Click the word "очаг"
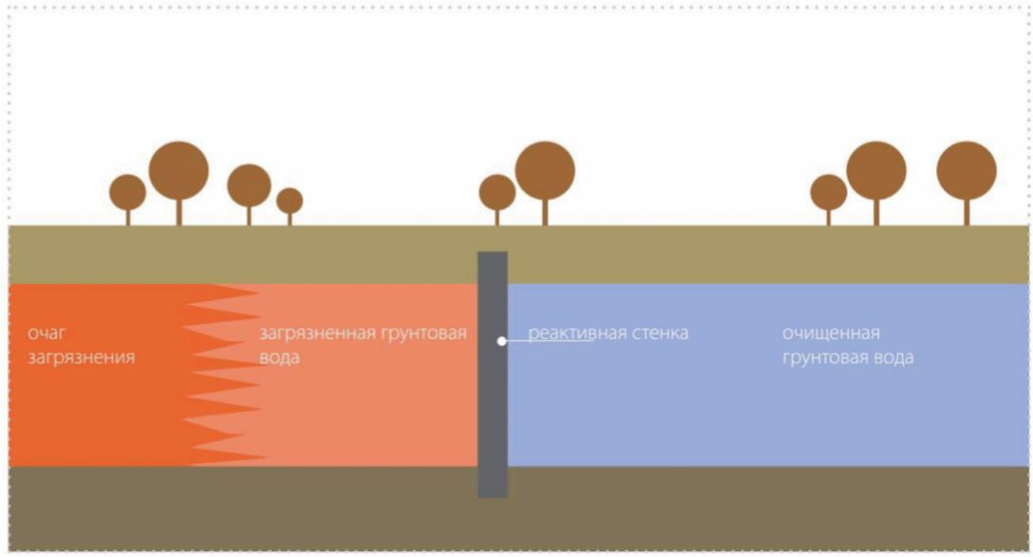pos(47,334)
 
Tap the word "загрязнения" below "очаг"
pos(82,358)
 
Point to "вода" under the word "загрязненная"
pos(279,358)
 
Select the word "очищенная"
pos(832,334)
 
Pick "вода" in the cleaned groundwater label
pos(893,358)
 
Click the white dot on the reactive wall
pos(502,340)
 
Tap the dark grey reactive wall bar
pos(493,428)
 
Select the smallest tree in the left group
pos(290,202)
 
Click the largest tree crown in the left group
pos(178,171)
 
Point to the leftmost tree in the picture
pos(128,193)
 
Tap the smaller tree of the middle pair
pos(497,193)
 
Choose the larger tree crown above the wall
pos(545,171)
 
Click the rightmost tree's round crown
pos(967,171)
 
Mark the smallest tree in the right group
pos(829,193)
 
